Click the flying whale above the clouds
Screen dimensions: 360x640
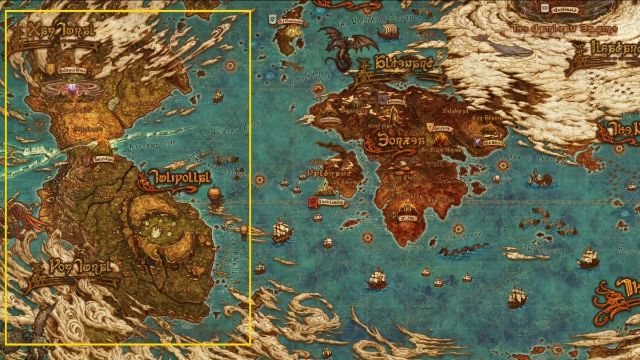coord(501,46)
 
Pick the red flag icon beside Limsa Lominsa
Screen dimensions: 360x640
coord(312,202)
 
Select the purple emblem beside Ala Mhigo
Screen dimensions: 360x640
coord(474,141)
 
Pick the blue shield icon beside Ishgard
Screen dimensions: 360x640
coord(382,99)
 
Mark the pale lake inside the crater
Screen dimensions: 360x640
coord(158,231)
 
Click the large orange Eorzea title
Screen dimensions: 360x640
coord(395,140)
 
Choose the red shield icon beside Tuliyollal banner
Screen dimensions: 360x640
coord(86,159)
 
